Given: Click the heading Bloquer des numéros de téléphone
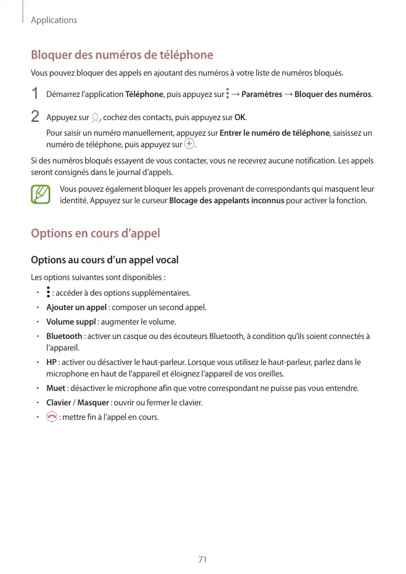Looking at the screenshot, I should pos(122,55).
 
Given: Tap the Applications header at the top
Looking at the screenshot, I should pos(54,20).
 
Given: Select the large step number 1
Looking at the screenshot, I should pos(35,94).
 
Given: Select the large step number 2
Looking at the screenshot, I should pos(35,117).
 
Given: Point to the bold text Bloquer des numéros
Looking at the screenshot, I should pos(333,94).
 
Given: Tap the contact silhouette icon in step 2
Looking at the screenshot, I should pos(95,118).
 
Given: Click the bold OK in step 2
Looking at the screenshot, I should pos(240,118).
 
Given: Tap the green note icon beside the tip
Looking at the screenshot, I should pos(42,195).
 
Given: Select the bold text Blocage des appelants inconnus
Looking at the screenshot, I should pos(226,200).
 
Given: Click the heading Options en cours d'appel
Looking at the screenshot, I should pos(95,234).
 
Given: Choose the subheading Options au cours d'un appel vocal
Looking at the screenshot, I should pos(105,260).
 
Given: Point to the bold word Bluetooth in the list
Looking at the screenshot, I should pos(64,336).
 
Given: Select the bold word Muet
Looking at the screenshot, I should pos(55,388).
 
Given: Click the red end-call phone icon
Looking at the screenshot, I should pos(51,417).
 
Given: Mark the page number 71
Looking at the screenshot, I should pos(202,560).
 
